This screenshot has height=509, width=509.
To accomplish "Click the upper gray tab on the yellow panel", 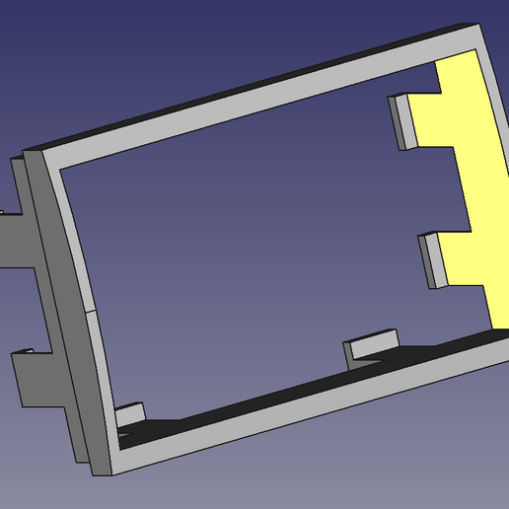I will tap(402, 122).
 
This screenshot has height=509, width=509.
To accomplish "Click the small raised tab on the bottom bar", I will tap(371, 347).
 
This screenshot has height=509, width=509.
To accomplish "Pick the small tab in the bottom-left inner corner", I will tap(130, 415).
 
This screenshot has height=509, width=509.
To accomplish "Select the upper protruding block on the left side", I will tap(18, 237).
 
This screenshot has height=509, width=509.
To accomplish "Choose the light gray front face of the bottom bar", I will tap(296, 409).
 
